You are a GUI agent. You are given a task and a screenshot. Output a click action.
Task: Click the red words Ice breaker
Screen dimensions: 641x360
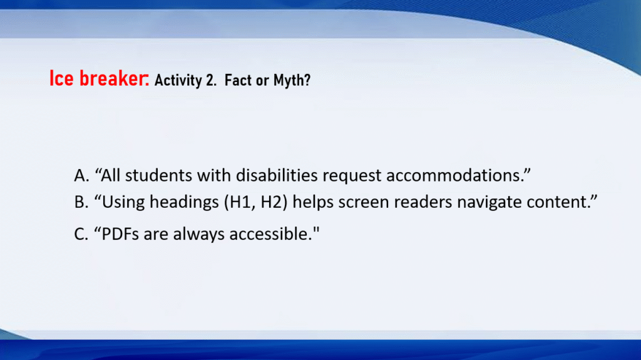[100, 78]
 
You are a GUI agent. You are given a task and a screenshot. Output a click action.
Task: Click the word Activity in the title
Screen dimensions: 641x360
[178, 80]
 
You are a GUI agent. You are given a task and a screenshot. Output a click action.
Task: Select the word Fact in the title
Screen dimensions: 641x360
[238, 80]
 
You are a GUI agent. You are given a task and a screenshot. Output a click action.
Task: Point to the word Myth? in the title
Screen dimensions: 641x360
[292, 80]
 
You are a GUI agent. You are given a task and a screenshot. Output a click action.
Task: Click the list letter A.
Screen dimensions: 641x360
[81, 175]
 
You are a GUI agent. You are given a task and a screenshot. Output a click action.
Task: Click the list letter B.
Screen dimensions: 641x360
[81, 202]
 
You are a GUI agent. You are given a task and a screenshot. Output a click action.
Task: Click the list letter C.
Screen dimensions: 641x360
[81, 234]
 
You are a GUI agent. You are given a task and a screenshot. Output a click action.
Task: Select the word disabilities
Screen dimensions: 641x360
[277, 175]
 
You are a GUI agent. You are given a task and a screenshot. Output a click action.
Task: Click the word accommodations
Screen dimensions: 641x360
[453, 175]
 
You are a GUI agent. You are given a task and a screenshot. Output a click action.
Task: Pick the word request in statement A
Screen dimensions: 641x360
[352, 177]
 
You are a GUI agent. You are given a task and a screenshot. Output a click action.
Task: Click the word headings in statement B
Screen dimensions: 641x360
[184, 202]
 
